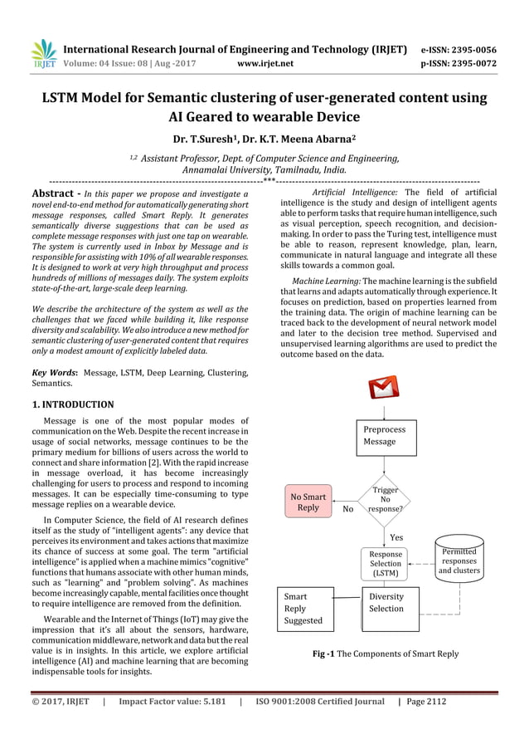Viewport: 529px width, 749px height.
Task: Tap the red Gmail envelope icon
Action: [x=383, y=389]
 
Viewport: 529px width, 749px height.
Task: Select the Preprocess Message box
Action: [x=386, y=436]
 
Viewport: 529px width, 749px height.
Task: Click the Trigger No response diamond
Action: [x=385, y=499]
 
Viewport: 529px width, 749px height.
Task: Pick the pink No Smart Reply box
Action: [x=308, y=502]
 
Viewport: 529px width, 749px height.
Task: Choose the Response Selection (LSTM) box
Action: [x=385, y=563]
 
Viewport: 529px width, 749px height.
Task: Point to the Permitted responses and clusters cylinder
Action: [x=459, y=561]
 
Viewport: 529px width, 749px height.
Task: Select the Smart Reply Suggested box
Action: [x=305, y=609]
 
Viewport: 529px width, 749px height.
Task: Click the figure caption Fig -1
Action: [x=385, y=654]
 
